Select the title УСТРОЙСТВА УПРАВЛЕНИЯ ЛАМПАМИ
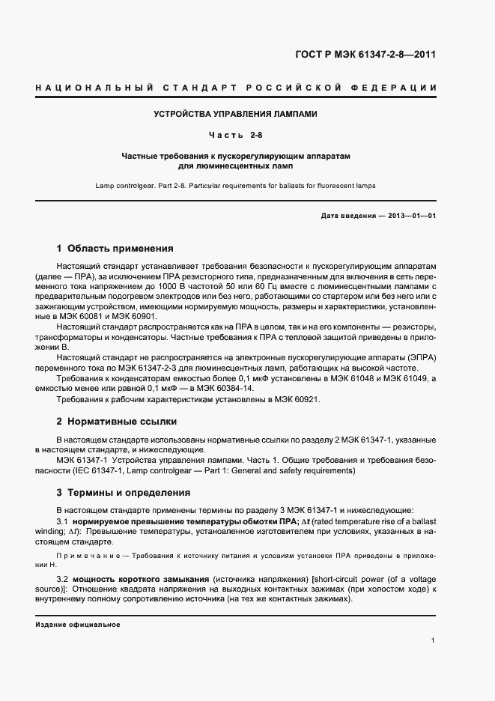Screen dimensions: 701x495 pos(236,115)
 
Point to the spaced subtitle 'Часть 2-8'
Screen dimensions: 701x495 pos(236,135)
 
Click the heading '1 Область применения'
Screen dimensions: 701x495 pos(115,248)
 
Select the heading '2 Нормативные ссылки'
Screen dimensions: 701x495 pos(115,422)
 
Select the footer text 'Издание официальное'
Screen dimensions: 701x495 pos(77,624)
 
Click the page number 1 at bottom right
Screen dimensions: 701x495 pos(434,640)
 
